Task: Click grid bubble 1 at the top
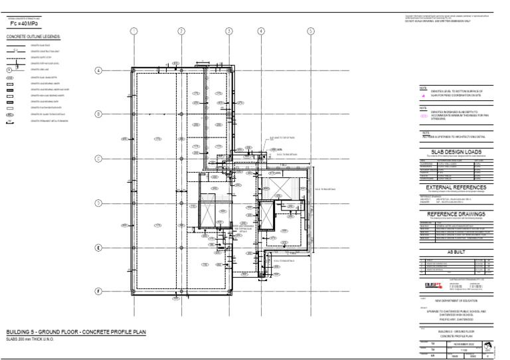[x=133, y=31]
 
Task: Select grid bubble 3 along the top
[x=229, y=31]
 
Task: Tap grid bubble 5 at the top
[x=310, y=31]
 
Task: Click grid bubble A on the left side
[x=98, y=70]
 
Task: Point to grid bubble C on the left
[x=98, y=159]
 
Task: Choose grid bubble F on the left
[x=98, y=292]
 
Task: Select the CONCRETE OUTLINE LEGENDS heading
[x=33, y=37]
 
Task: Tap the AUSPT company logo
[x=433, y=285]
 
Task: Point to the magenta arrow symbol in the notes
[x=424, y=96]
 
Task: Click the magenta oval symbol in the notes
[x=424, y=114]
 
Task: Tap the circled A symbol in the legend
[x=10, y=69]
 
